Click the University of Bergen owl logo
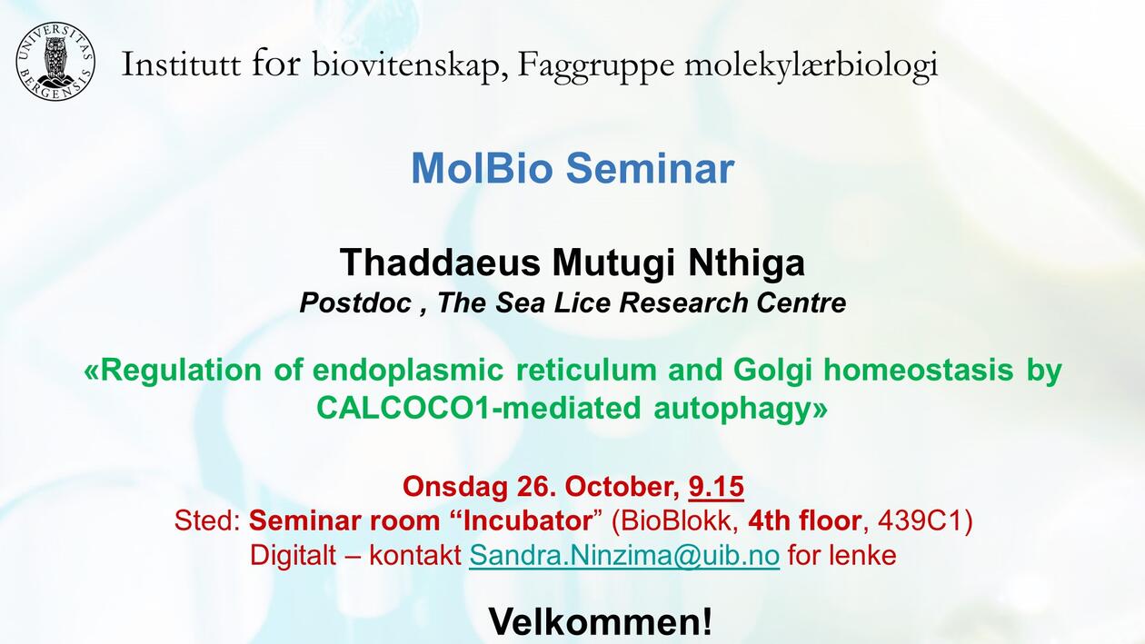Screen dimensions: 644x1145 click(x=55, y=62)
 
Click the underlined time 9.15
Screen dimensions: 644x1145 click(x=716, y=487)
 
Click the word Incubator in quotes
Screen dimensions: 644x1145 click(x=528, y=521)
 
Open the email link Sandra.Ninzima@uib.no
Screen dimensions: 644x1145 click(x=624, y=555)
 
